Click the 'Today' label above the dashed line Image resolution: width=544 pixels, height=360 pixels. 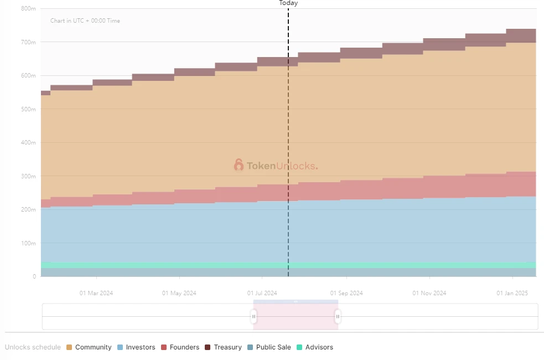click(x=288, y=3)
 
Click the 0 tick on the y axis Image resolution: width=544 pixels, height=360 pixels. click(x=34, y=276)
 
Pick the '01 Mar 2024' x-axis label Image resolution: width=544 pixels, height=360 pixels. click(x=96, y=293)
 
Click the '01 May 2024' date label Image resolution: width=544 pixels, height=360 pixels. click(x=179, y=293)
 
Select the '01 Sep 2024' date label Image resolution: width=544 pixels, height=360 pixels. click(x=346, y=293)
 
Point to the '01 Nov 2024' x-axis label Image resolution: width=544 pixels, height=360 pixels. click(x=429, y=293)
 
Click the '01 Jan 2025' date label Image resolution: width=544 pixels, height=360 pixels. click(x=513, y=293)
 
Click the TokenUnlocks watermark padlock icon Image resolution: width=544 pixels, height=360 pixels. click(x=239, y=165)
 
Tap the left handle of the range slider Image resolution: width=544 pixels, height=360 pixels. click(x=253, y=316)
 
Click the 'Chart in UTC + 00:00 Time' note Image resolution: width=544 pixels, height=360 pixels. click(x=85, y=21)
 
